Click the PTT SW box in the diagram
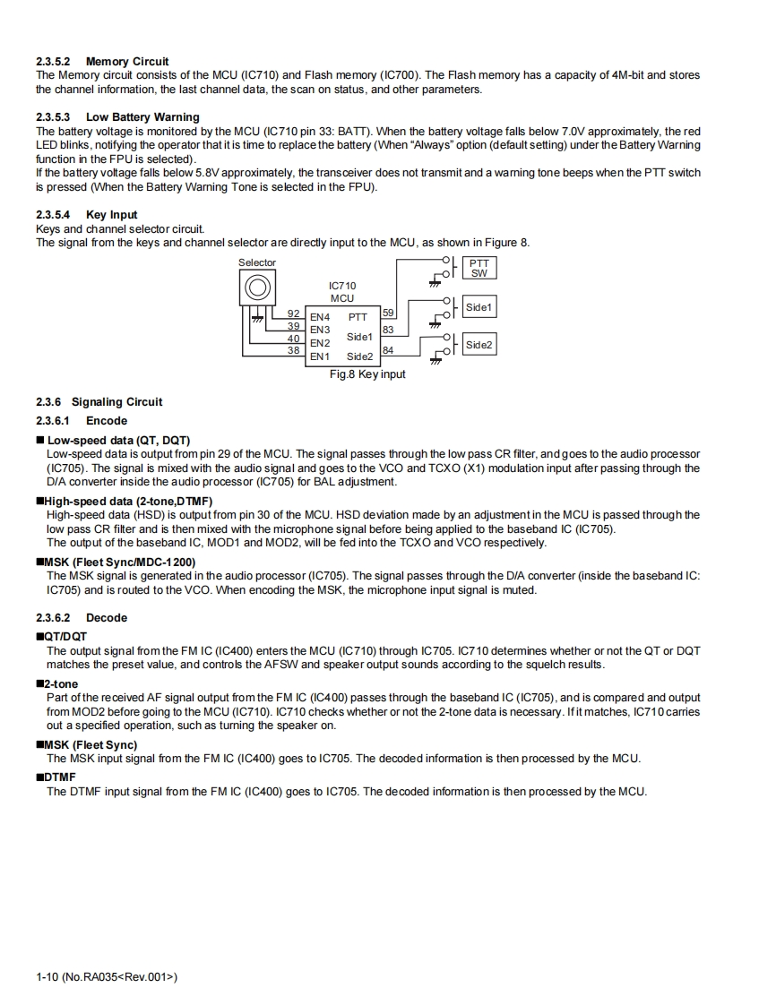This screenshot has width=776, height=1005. pos(479,269)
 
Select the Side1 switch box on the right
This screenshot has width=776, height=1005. pos(479,307)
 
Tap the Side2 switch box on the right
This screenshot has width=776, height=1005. pos(479,345)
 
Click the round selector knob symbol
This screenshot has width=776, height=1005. pos(257,288)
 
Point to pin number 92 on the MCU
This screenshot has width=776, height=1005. pos(293,314)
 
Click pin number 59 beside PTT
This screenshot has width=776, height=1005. pos(388,313)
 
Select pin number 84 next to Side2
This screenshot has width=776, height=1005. pos(388,350)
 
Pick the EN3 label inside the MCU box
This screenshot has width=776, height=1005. pos(320,330)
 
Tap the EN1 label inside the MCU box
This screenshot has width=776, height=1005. pos(320,356)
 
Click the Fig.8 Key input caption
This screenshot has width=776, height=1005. pos(367,374)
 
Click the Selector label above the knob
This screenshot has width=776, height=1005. pos(257,262)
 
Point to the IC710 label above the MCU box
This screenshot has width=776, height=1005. pos(342,286)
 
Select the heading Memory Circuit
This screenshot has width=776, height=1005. pos(127,62)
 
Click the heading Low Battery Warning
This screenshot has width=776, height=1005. pos(142,117)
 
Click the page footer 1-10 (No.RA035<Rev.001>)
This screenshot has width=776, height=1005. pos(107,977)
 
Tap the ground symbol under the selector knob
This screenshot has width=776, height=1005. pos(257,317)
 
